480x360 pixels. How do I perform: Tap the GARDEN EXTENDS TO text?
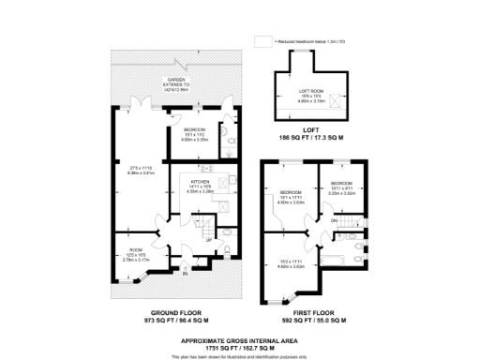tap(176, 82)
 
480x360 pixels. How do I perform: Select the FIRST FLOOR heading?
tap(316, 312)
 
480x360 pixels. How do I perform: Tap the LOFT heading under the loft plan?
tap(309, 130)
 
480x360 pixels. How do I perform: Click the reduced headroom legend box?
tap(262, 42)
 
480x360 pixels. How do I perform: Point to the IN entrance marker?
tap(186, 273)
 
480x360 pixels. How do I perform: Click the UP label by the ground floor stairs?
tap(208, 240)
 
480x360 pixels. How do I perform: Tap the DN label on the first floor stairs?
tap(335, 220)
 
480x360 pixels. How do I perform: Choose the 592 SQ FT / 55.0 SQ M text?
tap(316, 321)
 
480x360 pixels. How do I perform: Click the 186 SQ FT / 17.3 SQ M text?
tap(309, 138)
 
